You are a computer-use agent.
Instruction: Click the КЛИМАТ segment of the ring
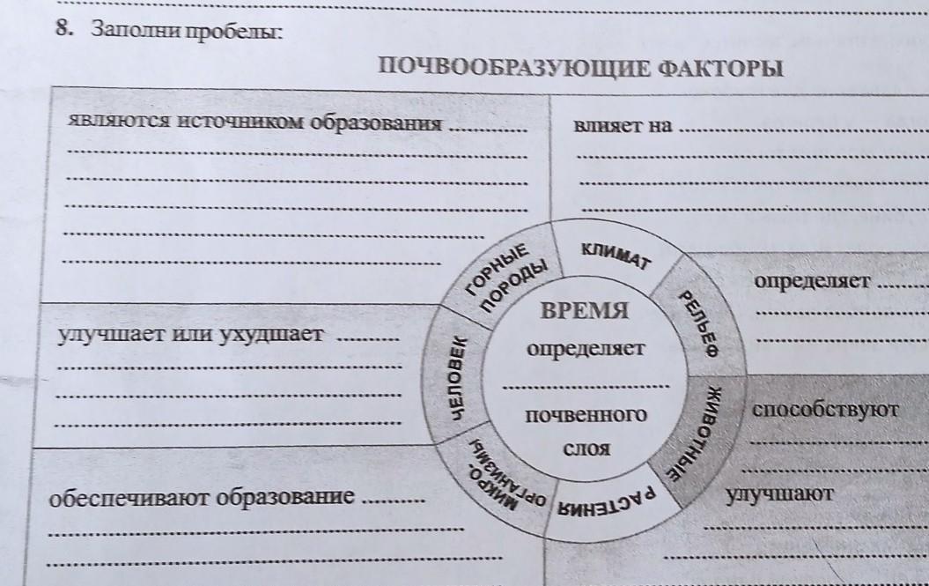tap(615, 253)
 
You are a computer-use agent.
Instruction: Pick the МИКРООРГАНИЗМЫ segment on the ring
tap(498, 476)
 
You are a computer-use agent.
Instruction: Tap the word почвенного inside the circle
tap(586, 414)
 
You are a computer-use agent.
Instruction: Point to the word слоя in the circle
tap(586, 449)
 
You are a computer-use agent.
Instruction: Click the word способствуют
tap(825, 410)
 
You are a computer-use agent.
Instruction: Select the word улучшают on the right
tap(778, 494)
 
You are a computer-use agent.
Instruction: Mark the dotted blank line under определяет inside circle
tap(586, 386)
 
